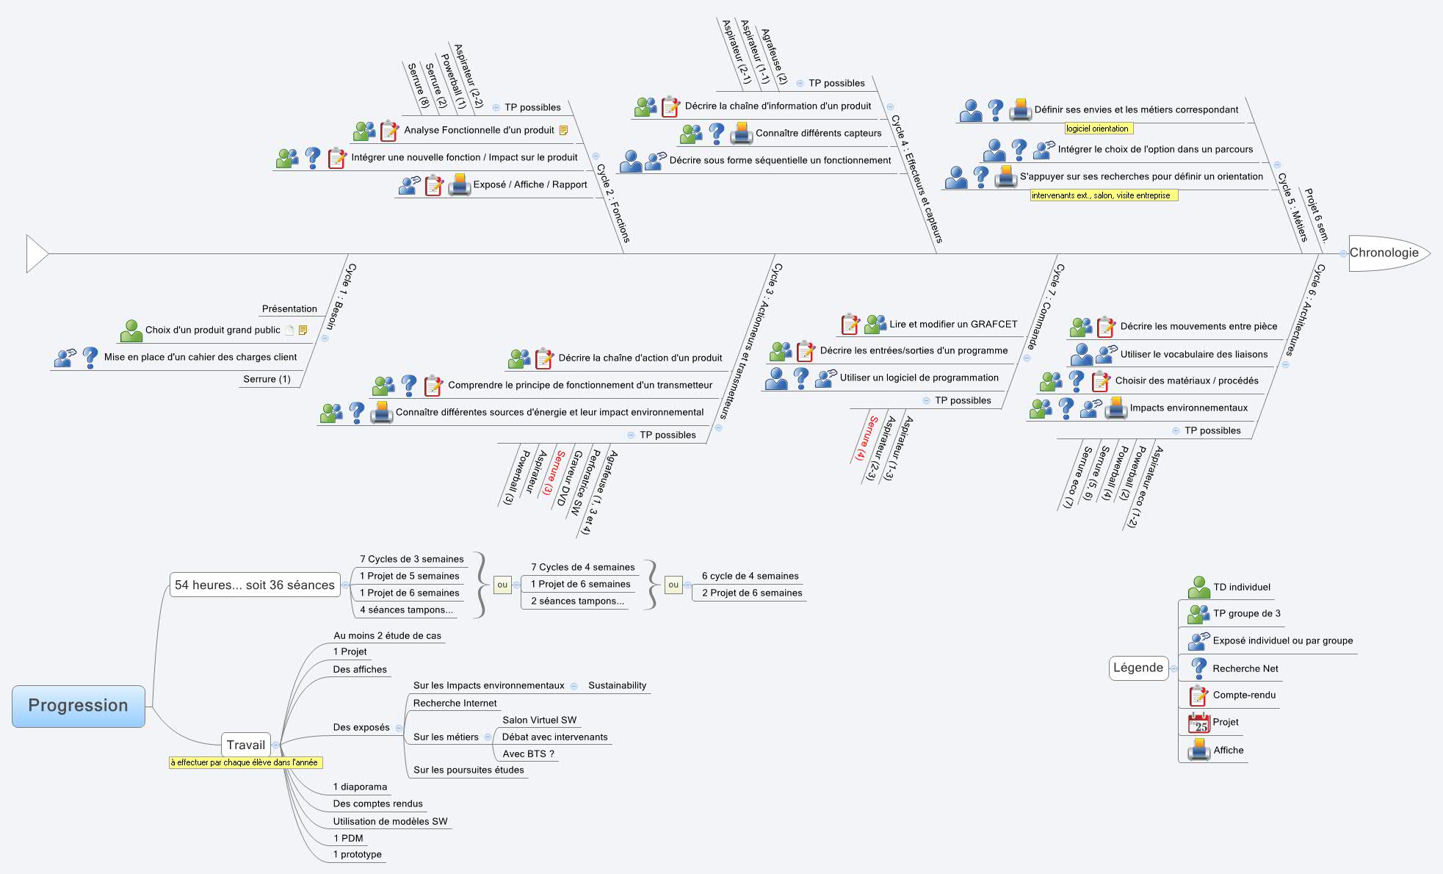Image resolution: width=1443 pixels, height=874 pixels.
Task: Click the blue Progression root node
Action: tap(78, 706)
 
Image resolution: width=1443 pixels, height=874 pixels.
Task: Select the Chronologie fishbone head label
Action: tap(1384, 253)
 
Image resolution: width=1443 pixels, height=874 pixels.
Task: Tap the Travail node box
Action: tap(245, 745)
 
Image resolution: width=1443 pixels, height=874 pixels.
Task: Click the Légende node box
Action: tap(1138, 668)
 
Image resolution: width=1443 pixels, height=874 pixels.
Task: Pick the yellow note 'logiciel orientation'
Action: tap(1097, 129)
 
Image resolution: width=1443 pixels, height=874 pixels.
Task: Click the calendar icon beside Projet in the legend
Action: tap(1198, 723)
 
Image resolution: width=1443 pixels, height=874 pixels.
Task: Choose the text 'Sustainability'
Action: tap(617, 685)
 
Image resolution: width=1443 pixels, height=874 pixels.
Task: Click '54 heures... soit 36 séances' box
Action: tap(254, 585)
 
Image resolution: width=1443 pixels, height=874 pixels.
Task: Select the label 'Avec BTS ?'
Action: tap(528, 754)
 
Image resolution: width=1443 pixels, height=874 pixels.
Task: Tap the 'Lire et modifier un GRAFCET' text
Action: tap(953, 324)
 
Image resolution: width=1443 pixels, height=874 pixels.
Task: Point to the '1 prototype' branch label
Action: tap(357, 854)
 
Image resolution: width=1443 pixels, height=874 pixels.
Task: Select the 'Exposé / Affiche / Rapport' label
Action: tap(529, 184)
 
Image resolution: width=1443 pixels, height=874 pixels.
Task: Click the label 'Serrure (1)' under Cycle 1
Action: tap(267, 379)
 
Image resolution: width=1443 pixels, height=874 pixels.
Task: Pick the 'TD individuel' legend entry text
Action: tap(1241, 587)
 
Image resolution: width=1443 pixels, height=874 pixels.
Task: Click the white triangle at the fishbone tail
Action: tap(36, 253)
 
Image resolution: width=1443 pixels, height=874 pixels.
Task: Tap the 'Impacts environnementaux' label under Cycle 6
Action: tap(1188, 408)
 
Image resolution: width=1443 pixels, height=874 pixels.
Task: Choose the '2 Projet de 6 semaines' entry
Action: tap(751, 593)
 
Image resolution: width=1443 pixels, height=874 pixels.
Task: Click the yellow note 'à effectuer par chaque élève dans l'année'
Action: tap(244, 762)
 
